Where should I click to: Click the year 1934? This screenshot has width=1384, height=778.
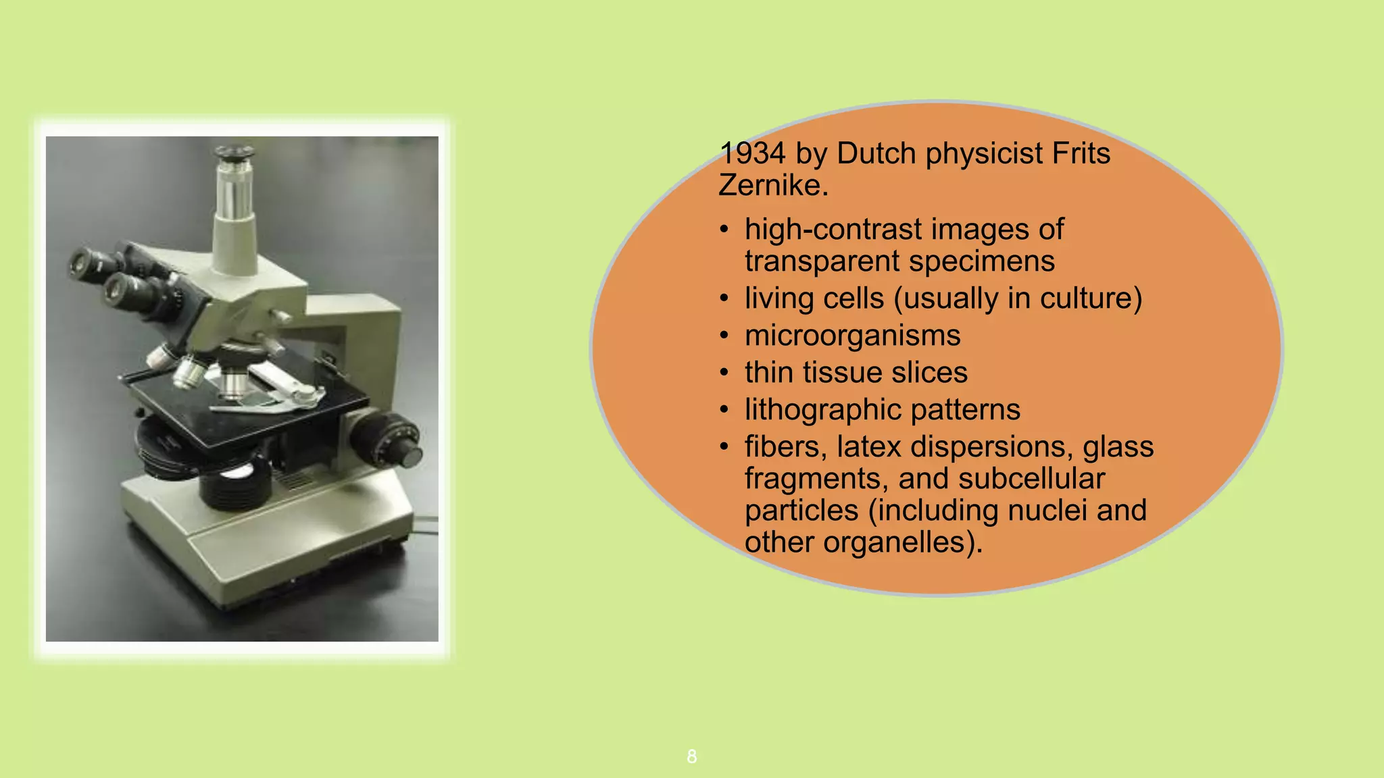[752, 154]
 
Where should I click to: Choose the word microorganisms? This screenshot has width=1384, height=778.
[852, 336]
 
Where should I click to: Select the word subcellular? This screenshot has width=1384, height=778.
[1031, 479]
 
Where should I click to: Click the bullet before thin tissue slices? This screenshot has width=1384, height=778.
[724, 373]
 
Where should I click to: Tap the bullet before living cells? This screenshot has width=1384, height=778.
[724, 299]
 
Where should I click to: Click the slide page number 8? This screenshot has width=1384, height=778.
[691, 756]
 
